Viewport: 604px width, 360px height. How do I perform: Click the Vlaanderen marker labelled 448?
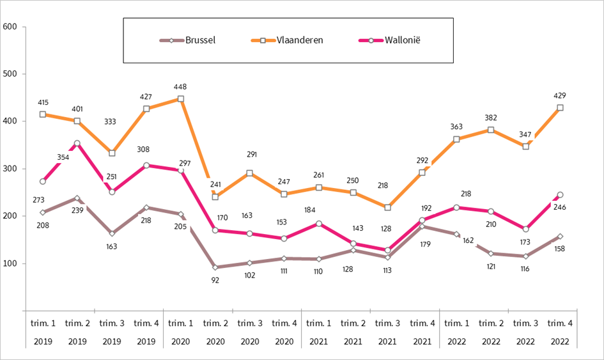(181, 99)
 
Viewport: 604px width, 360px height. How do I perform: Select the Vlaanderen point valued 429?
(560, 108)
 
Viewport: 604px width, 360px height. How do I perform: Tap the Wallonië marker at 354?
(77, 143)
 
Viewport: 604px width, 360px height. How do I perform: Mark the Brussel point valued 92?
(215, 267)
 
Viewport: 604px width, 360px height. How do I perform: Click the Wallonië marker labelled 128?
(387, 251)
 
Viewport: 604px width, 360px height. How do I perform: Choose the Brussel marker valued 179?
(422, 226)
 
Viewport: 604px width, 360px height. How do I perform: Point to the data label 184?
(319, 210)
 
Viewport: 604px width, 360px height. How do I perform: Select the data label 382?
(491, 118)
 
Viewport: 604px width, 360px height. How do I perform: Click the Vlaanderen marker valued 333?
(112, 153)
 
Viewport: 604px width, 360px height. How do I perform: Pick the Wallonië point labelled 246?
(560, 195)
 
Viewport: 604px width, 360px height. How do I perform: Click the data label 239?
(77, 210)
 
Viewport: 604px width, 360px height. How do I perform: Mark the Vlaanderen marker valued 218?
(387, 207)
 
